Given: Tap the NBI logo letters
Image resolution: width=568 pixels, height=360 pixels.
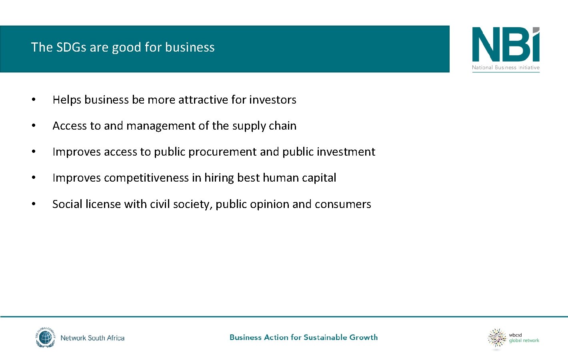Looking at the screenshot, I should click(x=506, y=45).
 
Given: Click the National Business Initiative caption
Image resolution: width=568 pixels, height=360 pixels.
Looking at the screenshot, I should click(x=506, y=68).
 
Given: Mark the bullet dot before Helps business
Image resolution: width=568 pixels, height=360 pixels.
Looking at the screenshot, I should click(x=34, y=100).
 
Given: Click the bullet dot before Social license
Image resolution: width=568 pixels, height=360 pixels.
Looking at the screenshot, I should click(x=34, y=204).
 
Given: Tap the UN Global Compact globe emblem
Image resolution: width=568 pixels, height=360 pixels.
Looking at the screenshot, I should click(x=45, y=338).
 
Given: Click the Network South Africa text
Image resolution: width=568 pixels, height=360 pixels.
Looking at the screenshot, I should click(x=92, y=338).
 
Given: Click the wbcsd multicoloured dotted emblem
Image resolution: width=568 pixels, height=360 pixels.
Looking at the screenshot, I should click(x=497, y=338).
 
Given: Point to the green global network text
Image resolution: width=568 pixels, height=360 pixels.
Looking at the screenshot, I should click(x=524, y=341).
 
